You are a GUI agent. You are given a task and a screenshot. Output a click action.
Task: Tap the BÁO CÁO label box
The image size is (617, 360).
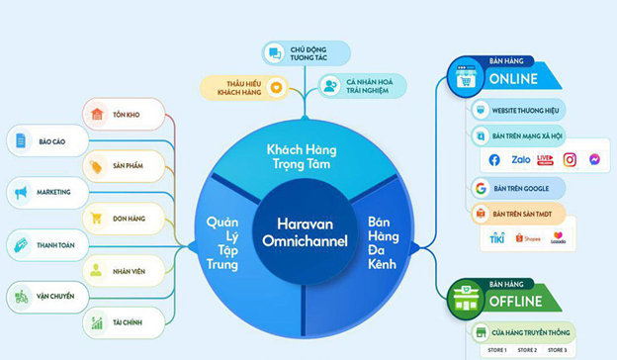coord(45,141)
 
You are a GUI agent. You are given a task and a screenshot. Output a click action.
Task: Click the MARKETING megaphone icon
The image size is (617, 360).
coord(20,192)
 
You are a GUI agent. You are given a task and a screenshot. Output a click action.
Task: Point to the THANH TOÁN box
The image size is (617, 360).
coord(45,243)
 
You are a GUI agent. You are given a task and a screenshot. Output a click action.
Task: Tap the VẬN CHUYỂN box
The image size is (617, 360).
coord(45,296)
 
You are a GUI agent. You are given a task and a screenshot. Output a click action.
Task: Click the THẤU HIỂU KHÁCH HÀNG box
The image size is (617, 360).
coord(243,86)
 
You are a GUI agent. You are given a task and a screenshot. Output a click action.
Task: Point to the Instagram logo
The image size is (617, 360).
coord(570,159)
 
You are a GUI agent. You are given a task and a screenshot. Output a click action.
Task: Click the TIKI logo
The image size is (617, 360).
coord(497,238)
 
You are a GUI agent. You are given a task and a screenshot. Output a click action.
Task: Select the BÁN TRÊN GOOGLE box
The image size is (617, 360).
coord(516,188)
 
